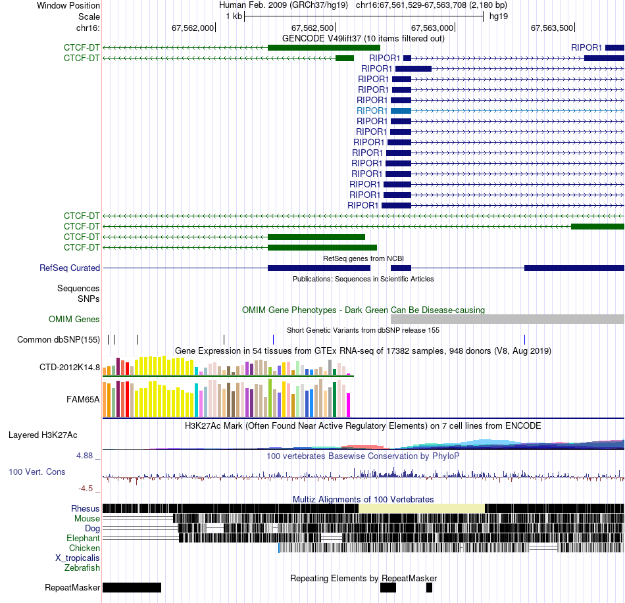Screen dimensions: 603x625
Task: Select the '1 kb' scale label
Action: [x=234, y=16]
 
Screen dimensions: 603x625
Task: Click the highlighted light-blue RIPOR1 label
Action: [x=372, y=110]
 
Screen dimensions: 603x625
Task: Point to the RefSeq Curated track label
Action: [x=70, y=268]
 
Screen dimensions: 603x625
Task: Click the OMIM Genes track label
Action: [x=74, y=320]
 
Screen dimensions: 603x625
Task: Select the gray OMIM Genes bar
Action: [x=507, y=319]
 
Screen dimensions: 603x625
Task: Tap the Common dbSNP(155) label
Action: [x=59, y=339]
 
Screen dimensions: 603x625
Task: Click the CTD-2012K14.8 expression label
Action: [x=70, y=367]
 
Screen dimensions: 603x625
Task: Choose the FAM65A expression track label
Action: [x=83, y=398]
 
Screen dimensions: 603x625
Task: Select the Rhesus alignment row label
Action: [x=86, y=508]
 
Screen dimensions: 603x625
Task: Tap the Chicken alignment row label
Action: [x=85, y=548]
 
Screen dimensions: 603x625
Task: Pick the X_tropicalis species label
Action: [x=78, y=558]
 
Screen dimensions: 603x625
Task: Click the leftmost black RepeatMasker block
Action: [x=132, y=587]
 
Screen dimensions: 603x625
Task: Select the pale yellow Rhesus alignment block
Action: [x=422, y=508]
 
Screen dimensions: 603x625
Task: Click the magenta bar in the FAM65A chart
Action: [x=349, y=404]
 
